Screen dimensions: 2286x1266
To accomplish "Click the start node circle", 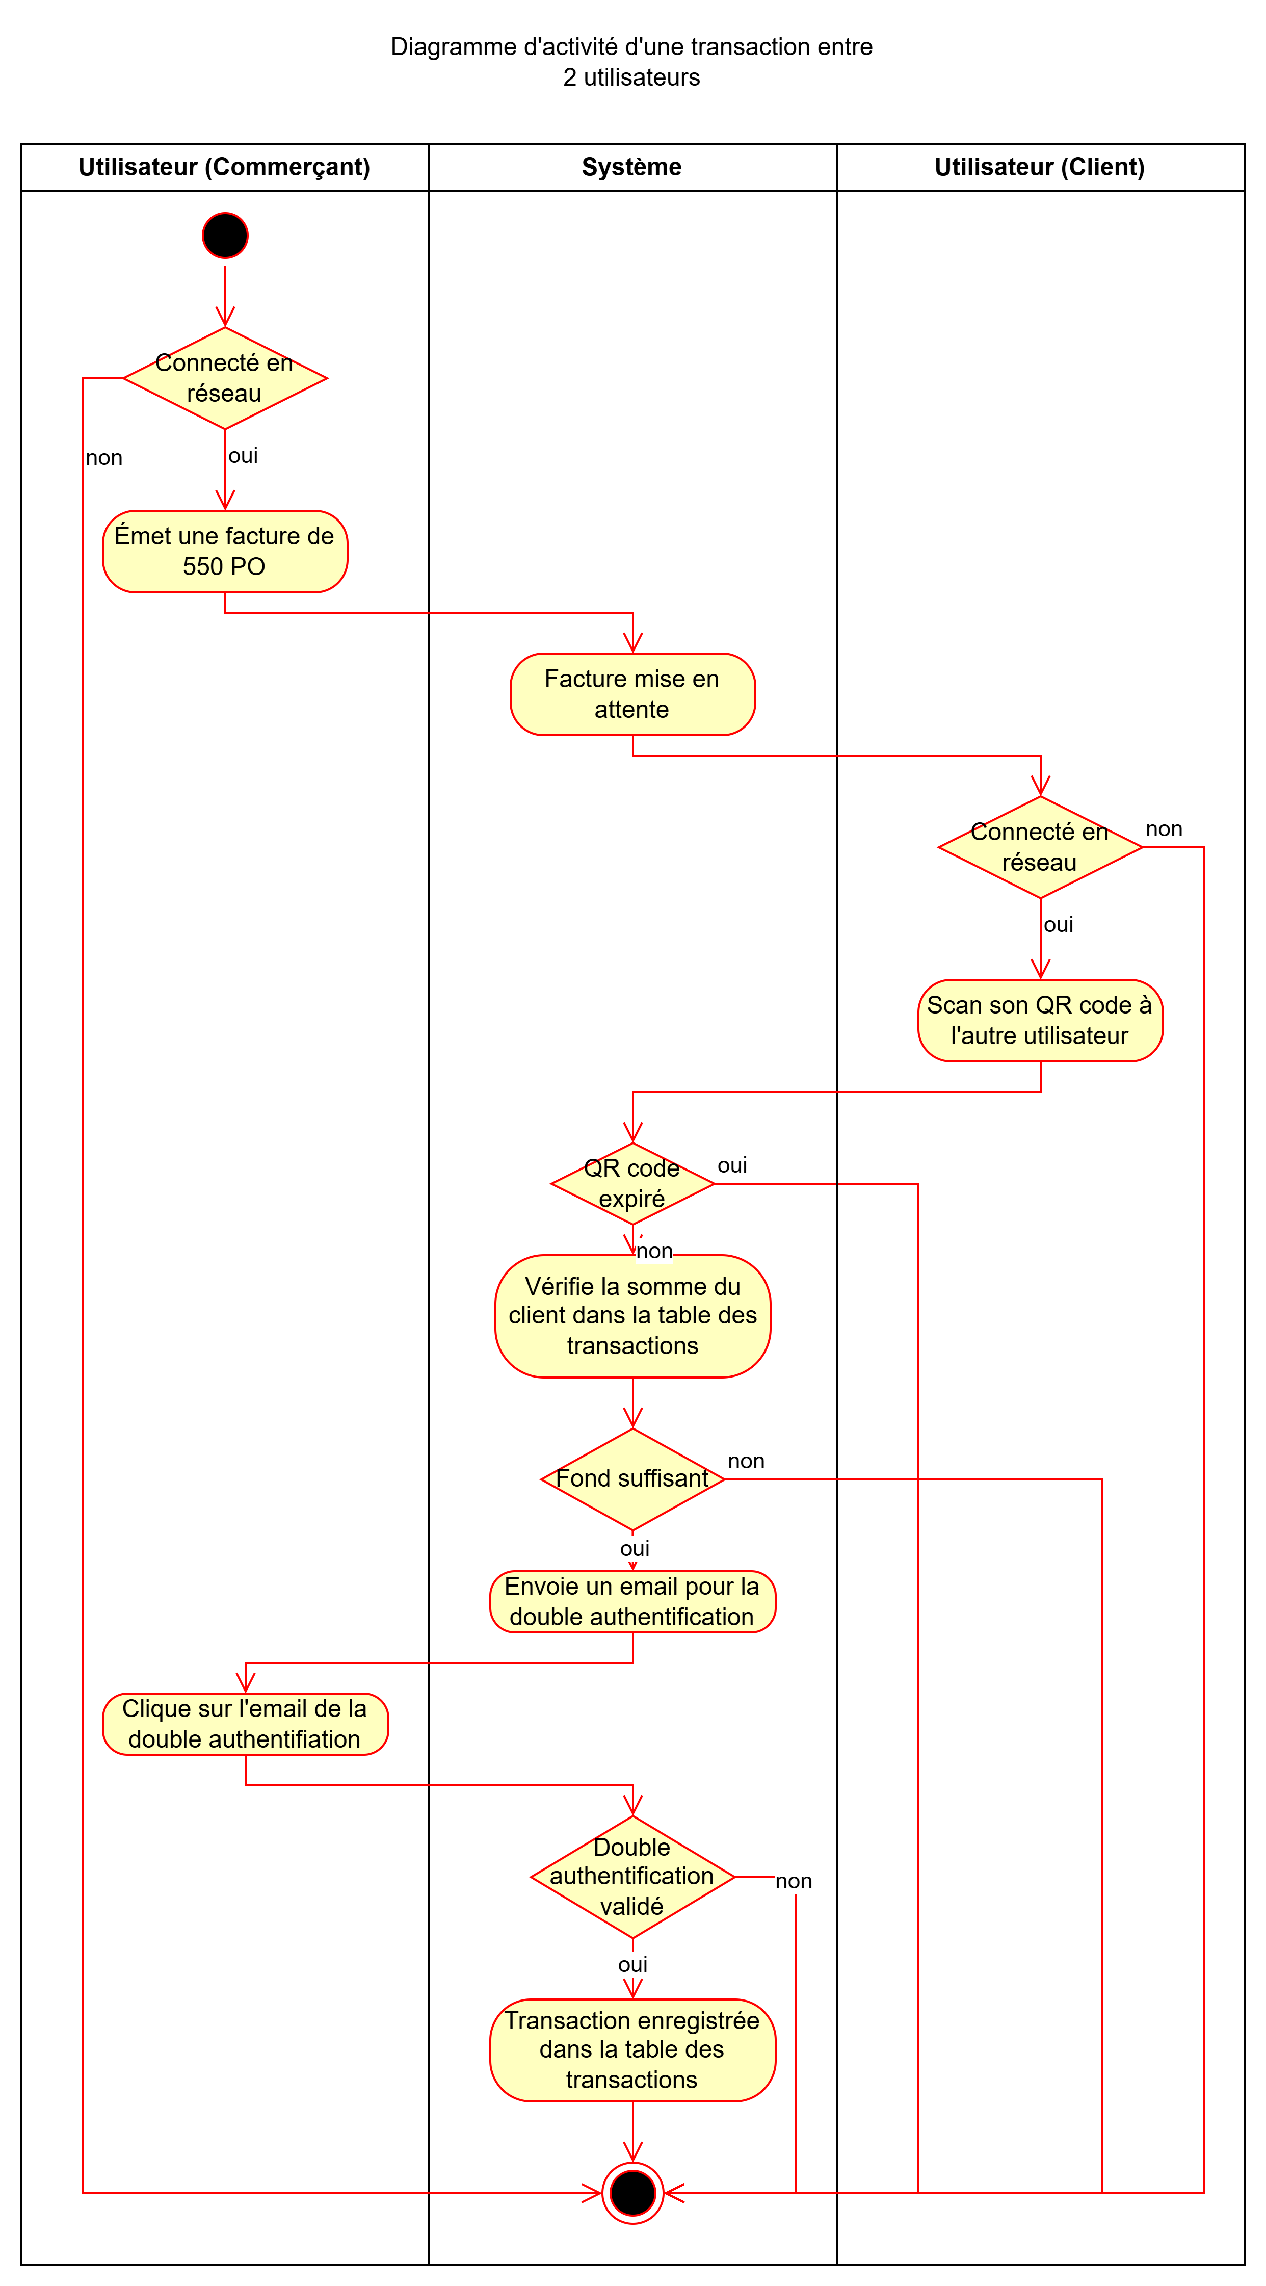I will [225, 235].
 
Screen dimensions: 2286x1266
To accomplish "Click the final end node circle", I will [632, 2193].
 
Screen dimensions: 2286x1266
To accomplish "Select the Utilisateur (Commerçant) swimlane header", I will [224, 167].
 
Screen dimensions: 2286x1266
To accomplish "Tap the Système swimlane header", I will [631, 167].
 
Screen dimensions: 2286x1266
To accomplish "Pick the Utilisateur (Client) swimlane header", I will [1040, 167].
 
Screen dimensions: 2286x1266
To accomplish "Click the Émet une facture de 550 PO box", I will [224, 551].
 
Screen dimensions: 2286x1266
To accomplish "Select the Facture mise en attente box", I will [631, 694].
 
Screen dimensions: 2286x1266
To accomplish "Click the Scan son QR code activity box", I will [1040, 1021].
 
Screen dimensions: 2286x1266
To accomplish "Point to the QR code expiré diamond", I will [631, 1184].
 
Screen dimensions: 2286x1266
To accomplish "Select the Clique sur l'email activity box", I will [245, 1724].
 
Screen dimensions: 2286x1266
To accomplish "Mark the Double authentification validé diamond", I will [631, 1877].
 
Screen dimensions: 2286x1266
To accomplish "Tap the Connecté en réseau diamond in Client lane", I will [1040, 847].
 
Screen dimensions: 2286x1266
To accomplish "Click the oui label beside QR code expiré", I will [732, 1165].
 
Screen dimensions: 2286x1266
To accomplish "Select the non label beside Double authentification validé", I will [793, 1881].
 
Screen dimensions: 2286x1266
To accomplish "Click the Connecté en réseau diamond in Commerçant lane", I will [224, 378].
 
